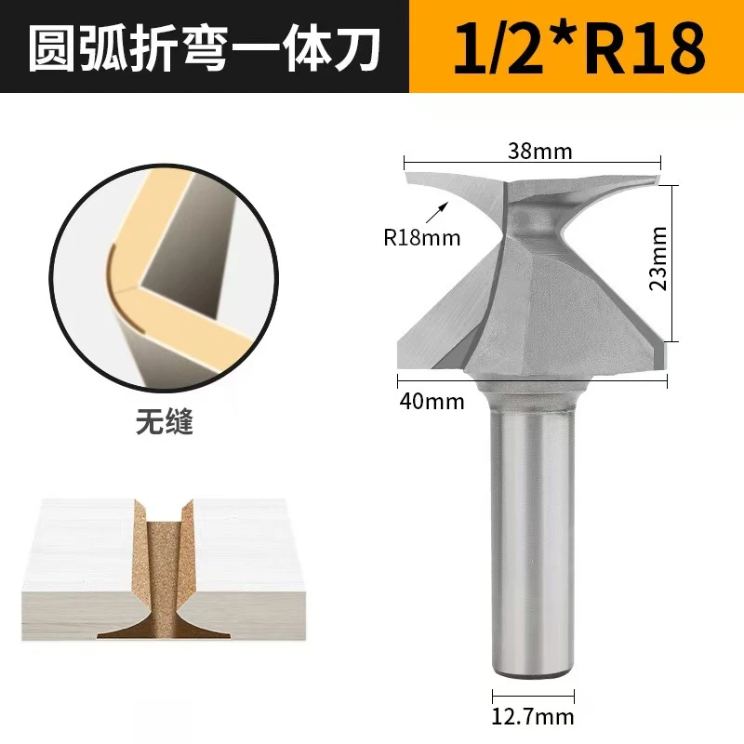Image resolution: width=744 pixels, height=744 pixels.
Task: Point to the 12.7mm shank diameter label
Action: [533, 717]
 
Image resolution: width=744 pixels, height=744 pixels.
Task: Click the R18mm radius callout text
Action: [422, 237]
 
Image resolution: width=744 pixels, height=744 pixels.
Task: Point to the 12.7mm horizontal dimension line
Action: [533, 695]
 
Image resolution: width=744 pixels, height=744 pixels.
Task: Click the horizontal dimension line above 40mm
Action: [533, 379]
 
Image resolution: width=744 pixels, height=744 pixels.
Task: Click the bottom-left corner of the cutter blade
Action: [401, 365]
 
